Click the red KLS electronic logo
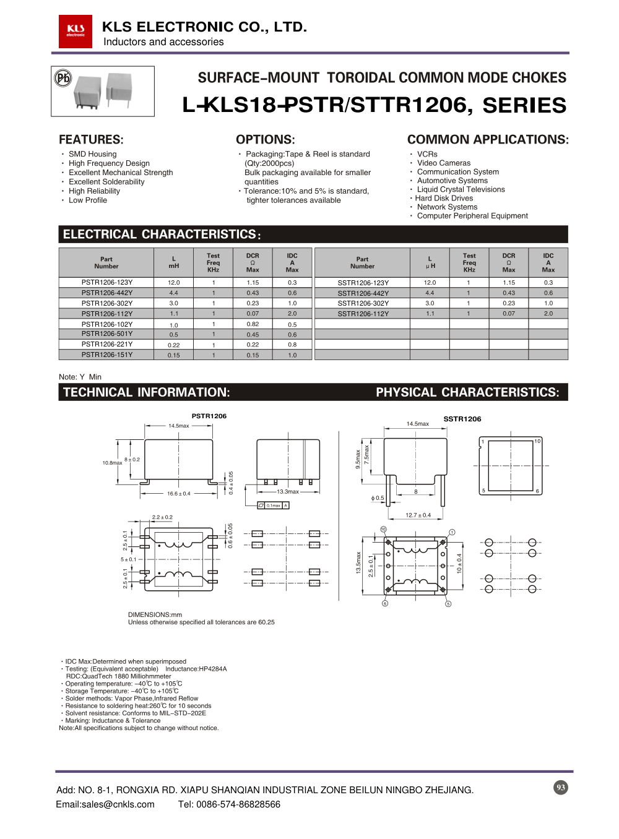[76, 31]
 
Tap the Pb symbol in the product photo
[63, 78]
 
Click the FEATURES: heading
[91, 140]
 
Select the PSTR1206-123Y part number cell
[106, 282]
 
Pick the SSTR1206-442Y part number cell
[363, 293]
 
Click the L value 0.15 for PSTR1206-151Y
[174, 355]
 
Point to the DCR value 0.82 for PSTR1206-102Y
[253, 324]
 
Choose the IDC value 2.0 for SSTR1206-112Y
[548, 314]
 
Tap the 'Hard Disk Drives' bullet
[444, 198]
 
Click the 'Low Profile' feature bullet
[88, 200]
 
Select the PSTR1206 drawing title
[209, 416]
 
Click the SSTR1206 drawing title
[462, 419]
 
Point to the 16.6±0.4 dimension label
[179, 494]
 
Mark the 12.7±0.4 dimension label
[418, 515]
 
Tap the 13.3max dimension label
[288, 492]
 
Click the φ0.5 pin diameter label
[378, 498]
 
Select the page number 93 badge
[560, 787]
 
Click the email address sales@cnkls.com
[105, 804]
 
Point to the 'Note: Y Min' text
[80, 377]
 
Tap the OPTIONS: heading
[265, 140]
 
